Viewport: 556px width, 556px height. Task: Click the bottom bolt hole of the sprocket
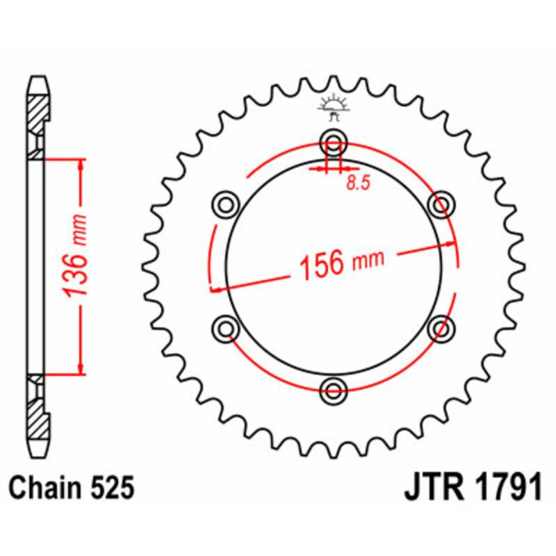(333, 388)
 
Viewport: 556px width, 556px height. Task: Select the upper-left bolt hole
(226, 205)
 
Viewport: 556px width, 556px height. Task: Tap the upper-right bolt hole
(439, 205)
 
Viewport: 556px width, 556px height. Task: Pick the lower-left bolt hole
(226, 327)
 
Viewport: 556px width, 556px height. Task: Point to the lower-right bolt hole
(439, 327)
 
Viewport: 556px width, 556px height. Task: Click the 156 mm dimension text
(341, 263)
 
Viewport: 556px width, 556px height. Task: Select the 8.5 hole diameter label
(354, 185)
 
